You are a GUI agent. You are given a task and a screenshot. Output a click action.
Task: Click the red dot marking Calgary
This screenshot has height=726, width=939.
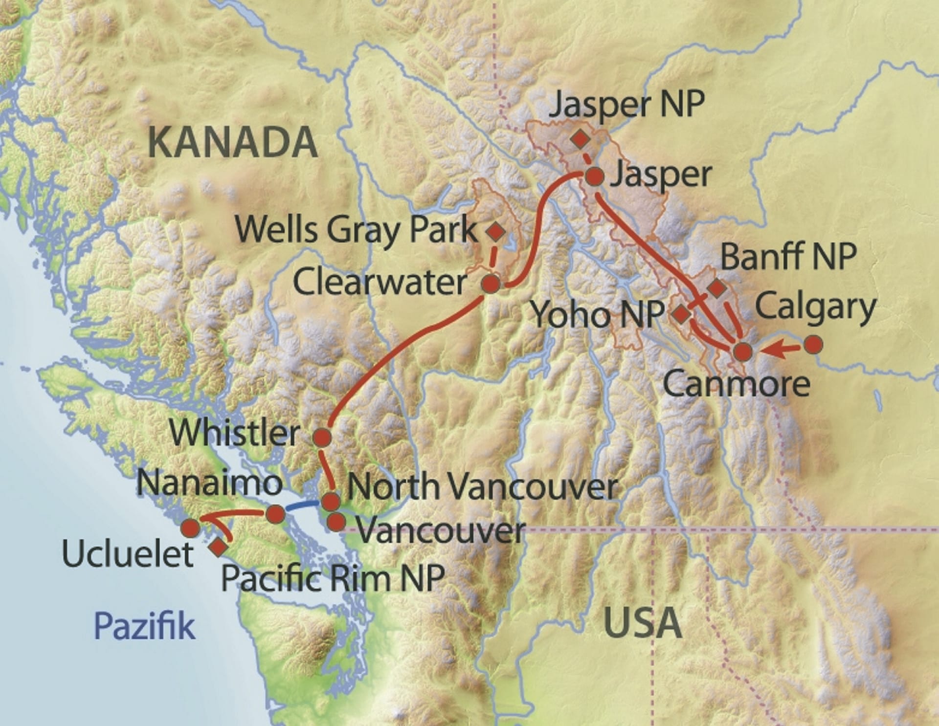813,345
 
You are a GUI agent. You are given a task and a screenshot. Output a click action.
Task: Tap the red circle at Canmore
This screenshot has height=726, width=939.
743,352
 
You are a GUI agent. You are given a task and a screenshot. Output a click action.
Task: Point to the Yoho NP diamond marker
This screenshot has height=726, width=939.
680,314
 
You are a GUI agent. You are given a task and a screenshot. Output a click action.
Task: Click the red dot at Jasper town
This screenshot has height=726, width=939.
595,176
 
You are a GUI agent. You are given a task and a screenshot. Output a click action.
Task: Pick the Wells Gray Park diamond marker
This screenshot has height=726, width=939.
496,231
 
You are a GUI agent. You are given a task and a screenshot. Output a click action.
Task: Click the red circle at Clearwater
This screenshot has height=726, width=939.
491,284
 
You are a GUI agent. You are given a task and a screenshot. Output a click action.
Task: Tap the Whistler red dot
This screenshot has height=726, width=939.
322,437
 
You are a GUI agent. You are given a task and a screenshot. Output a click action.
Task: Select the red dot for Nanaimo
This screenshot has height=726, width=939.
275,513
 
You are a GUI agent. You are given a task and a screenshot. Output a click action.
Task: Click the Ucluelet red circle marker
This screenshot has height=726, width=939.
191,528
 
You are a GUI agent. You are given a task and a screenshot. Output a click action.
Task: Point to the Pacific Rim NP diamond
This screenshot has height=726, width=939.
218,548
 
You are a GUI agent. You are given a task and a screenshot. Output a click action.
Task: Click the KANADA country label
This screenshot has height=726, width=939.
233,142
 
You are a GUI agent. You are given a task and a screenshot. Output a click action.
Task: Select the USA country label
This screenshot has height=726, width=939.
642,623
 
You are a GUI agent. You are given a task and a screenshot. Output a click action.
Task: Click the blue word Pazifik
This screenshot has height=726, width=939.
145,626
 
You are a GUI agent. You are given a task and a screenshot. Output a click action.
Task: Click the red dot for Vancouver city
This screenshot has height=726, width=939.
336,522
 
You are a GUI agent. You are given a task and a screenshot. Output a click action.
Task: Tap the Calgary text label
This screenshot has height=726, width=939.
815,307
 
